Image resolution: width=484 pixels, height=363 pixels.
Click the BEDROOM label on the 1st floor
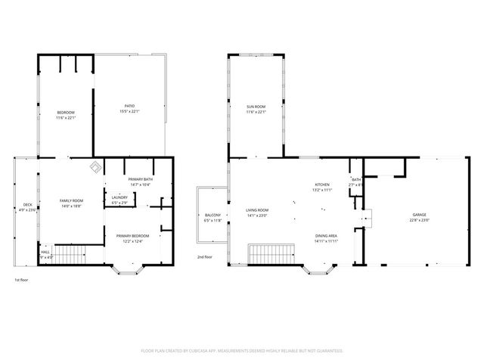coord(65,113)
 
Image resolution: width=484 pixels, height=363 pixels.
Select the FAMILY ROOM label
coord(71,200)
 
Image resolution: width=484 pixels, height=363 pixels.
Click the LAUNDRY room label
coord(119,199)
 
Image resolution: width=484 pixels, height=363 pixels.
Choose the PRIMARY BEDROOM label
coord(132,236)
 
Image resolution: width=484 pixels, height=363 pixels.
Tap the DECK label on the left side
coord(27,205)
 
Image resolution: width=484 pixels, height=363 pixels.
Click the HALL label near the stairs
coord(45,253)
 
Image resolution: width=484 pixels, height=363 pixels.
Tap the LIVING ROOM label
coord(257,211)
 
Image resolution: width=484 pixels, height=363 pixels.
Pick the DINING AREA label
coord(326,236)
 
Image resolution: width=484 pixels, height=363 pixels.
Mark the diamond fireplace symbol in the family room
coord(95,166)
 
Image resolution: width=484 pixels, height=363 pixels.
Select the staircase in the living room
coord(269,255)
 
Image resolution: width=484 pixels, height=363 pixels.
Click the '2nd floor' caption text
coord(205,257)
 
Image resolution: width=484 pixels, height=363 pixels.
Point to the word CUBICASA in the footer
coord(216,351)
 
